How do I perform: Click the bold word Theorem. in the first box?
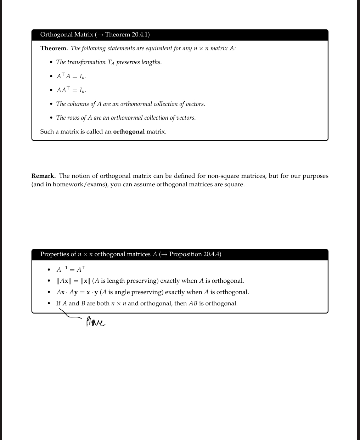(x=54, y=48)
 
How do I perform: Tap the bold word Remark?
(x=43, y=176)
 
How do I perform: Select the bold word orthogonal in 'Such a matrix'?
(x=129, y=131)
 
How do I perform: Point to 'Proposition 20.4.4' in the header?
(x=195, y=254)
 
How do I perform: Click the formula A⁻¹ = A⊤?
(x=71, y=270)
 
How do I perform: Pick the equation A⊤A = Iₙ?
(x=71, y=76)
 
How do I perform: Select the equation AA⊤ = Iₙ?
(x=71, y=90)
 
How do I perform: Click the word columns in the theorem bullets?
(x=78, y=104)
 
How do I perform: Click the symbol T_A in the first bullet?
(x=111, y=62)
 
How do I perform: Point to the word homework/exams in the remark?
(x=80, y=185)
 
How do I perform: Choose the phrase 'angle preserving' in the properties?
(x=136, y=292)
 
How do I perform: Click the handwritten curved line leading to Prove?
(x=69, y=315)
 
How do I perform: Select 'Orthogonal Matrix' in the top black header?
(x=67, y=35)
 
